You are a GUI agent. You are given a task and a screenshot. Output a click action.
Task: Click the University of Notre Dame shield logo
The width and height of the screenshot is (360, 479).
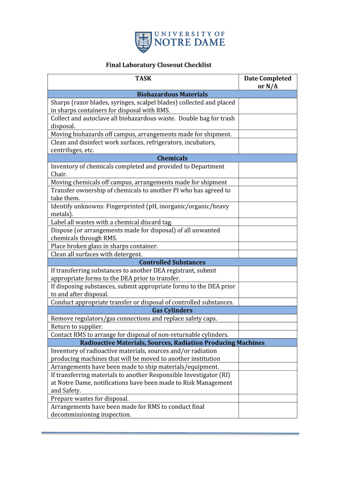pyautogui.click(x=142, y=42)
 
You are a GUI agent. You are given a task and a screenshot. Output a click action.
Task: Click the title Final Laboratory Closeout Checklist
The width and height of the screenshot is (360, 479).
pyautogui.click(x=158, y=65)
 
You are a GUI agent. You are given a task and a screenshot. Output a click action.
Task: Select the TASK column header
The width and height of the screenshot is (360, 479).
pyautogui.click(x=143, y=79)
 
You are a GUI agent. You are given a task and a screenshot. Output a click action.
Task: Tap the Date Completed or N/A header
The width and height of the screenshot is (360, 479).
pyautogui.click(x=267, y=82)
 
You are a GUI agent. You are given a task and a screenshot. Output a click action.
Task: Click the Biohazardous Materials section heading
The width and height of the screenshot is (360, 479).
pyautogui.click(x=172, y=94)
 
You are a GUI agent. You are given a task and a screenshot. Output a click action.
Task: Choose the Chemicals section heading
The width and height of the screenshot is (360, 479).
pyautogui.click(x=172, y=158)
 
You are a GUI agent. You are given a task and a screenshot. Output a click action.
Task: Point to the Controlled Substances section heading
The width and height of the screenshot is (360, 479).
pyautogui.click(x=172, y=262)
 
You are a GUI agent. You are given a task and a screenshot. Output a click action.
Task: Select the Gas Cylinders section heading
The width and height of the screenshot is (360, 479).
pyautogui.click(x=172, y=310)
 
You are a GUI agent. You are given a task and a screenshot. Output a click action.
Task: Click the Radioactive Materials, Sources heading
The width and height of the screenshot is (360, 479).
pyautogui.click(x=172, y=342)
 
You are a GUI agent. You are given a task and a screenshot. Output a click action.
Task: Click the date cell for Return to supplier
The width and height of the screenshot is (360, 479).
pyautogui.click(x=267, y=327)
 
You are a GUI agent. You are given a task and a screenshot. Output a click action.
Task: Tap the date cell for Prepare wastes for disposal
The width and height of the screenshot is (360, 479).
pyautogui.click(x=267, y=399)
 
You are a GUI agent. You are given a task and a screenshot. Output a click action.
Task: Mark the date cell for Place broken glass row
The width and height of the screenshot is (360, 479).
pyautogui.click(x=267, y=246)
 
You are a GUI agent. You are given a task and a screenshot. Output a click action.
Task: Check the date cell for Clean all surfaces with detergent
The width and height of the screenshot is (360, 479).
pyautogui.click(x=267, y=254)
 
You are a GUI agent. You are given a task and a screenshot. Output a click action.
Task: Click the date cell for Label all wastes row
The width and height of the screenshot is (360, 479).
pyautogui.click(x=267, y=222)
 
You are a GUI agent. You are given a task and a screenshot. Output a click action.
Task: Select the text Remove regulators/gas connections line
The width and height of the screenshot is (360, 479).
pyautogui.click(x=134, y=319)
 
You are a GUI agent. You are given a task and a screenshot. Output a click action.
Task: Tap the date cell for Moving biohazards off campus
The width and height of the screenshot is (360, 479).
pyautogui.click(x=267, y=134)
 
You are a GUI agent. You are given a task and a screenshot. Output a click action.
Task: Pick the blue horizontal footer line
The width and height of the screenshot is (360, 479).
pyautogui.click(x=170, y=433)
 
